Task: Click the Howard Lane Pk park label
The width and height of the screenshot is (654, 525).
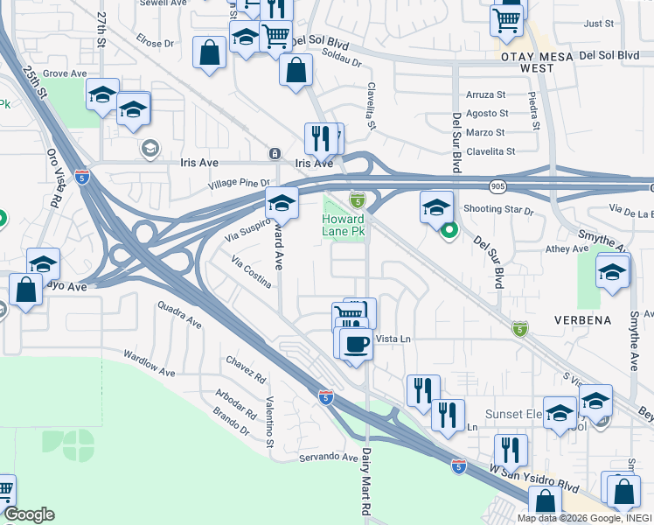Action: tap(343, 225)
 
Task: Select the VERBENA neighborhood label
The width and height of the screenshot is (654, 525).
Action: tap(582, 320)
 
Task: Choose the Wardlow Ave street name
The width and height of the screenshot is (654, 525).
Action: tap(149, 363)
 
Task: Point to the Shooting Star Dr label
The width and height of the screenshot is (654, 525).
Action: tap(498, 209)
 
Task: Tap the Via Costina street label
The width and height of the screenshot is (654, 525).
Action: tap(252, 272)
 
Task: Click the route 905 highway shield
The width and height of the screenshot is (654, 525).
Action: tap(497, 186)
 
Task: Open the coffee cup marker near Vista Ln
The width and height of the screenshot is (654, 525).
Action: tap(355, 343)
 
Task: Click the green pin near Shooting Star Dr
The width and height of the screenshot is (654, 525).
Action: tap(449, 231)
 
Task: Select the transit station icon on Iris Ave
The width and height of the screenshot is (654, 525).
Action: tap(275, 154)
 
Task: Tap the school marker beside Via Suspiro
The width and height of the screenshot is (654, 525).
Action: tap(282, 204)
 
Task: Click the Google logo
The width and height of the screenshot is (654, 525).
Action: tap(29, 514)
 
